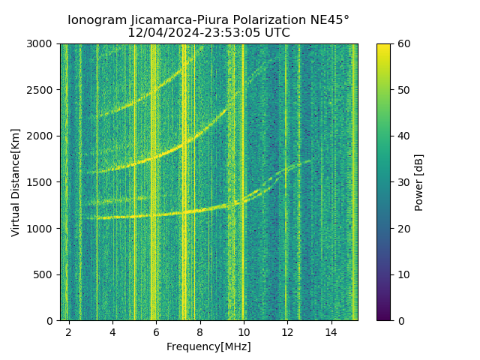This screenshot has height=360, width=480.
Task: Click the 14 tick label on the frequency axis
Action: click(x=331, y=331)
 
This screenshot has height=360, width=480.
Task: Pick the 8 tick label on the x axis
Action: click(x=199, y=331)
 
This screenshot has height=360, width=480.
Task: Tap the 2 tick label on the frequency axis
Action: click(x=69, y=331)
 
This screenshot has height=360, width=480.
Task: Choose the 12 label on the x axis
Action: click(x=287, y=331)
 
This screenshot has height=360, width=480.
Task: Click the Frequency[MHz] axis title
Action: click(x=208, y=346)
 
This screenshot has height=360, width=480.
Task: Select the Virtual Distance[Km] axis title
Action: click(x=16, y=182)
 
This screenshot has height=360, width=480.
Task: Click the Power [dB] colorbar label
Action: click(x=419, y=182)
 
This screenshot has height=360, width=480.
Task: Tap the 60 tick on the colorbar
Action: click(x=401, y=44)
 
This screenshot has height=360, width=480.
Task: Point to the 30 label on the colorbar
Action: click(x=401, y=182)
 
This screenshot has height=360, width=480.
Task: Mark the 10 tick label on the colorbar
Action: click(x=401, y=274)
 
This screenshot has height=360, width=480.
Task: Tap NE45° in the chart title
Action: click(x=325, y=20)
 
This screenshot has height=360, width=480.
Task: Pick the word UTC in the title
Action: click(x=275, y=33)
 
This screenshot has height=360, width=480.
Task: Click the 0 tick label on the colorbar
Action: click(x=398, y=320)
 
